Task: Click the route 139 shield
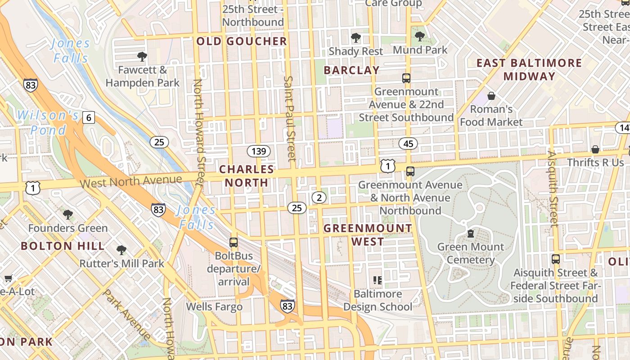click(x=259, y=151)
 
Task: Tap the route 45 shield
click(x=408, y=144)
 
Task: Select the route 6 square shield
click(x=89, y=118)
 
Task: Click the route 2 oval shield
click(x=319, y=197)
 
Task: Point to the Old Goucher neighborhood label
click(x=242, y=41)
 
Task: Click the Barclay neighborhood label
click(x=351, y=70)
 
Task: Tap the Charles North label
click(x=247, y=176)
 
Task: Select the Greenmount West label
click(x=368, y=234)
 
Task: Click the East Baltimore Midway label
click(x=529, y=69)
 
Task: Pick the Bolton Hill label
click(x=63, y=246)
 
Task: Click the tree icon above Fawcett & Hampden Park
click(x=142, y=57)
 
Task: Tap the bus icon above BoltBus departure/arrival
click(x=234, y=243)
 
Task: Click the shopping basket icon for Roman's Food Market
click(x=491, y=96)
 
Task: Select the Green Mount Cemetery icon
click(x=470, y=234)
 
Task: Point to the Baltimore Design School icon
click(x=378, y=280)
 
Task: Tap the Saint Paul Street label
click(x=289, y=118)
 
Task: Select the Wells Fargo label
click(x=214, y=307)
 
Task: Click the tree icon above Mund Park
click(x=420, y=36)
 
